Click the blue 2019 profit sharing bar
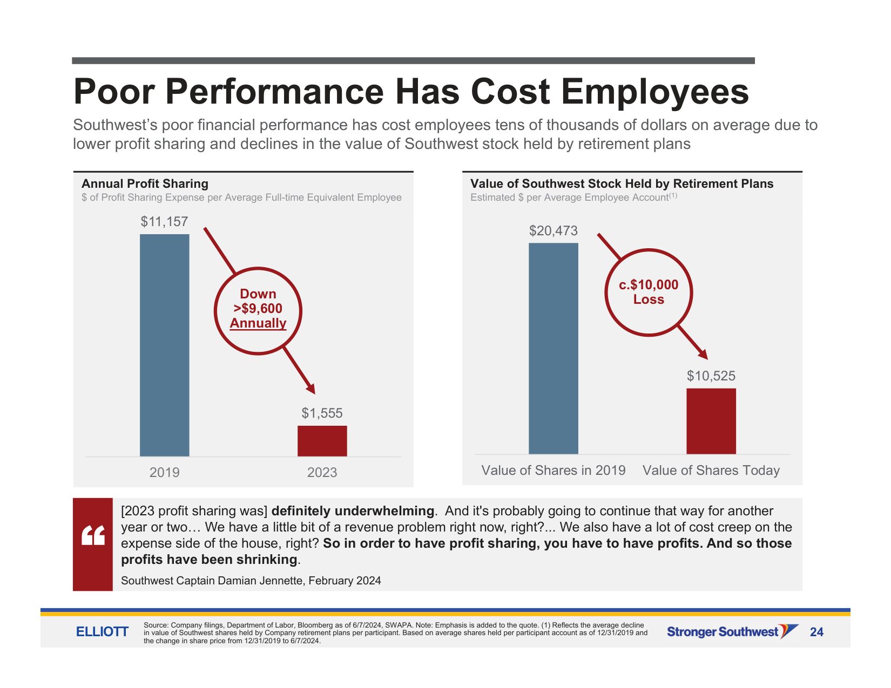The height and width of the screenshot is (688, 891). tap(164, 345)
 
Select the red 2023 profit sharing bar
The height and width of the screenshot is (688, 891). tap(322, 441)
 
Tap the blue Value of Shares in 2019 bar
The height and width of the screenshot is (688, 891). tap(553, 349)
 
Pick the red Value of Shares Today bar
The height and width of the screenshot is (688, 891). tap(711, 421)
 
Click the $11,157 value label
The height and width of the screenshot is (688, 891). tap(164, 222)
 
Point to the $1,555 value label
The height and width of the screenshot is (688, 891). tap(322, 413)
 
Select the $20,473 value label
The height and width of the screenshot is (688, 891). tap(553, 231)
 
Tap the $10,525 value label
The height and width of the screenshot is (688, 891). tap(711, 376)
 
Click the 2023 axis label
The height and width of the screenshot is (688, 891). tap(322, 473)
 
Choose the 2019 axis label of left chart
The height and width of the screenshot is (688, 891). tap(164, 473)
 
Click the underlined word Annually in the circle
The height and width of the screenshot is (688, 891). tap(258, 323)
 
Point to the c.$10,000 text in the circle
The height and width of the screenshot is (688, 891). tap(649, 285)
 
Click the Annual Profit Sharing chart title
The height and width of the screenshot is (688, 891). tap(145, 184)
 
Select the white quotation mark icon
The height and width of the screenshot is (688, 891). tap(93, 535)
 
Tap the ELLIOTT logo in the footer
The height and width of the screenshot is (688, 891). tap(102, 632)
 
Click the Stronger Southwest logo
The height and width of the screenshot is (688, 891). tap(732, 632)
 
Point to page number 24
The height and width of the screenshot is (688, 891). tap(816, 632)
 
